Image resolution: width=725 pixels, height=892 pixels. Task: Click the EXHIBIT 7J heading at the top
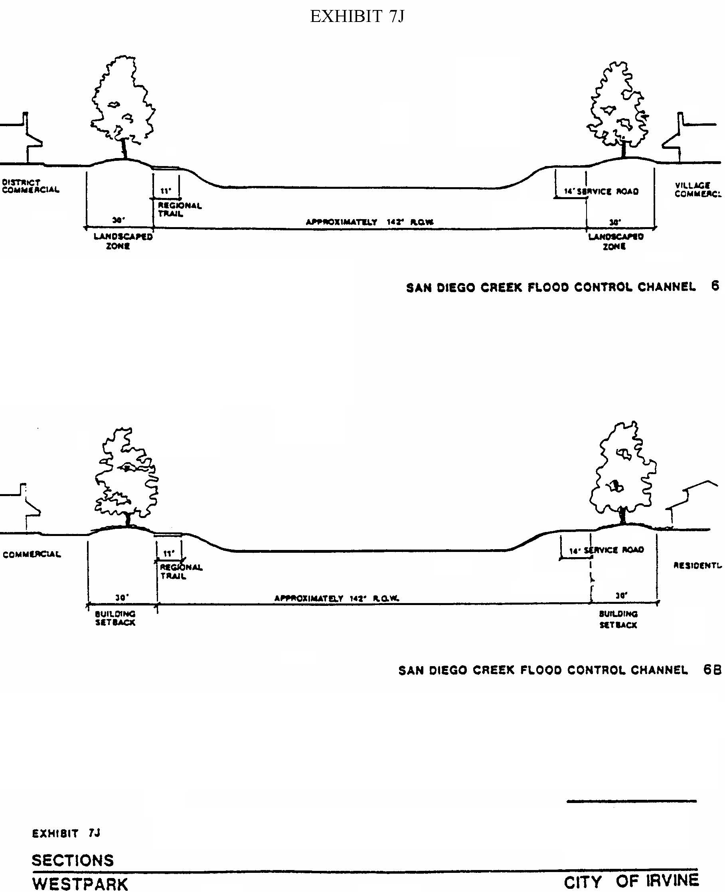(357, 17)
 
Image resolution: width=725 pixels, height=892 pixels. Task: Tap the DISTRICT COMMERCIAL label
(30, 186)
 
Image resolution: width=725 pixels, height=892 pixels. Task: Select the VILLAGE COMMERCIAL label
(697, 190)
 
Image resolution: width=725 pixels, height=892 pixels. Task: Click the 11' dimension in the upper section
(166, 191)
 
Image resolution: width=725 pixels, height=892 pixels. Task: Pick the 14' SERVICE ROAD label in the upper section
(601, 192)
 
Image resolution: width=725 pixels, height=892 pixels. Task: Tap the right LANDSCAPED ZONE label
(616, 241)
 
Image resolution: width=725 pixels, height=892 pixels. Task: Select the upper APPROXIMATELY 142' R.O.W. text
(369, 222)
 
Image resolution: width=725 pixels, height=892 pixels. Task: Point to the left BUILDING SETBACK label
(115, 618)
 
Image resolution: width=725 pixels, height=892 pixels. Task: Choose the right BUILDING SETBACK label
(618, 619)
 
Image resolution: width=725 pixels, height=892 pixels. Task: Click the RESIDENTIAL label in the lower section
(697, 566)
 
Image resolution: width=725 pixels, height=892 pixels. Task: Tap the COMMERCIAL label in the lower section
(32, 554)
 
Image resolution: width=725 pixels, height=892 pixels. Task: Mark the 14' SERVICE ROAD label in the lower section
(606, 550)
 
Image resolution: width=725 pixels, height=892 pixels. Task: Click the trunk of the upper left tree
(124, 148)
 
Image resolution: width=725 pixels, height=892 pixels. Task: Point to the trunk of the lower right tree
(623, 515)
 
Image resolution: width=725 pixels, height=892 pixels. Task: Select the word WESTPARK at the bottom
(80, 884)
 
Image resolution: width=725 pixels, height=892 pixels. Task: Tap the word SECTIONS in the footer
(73, 860)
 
